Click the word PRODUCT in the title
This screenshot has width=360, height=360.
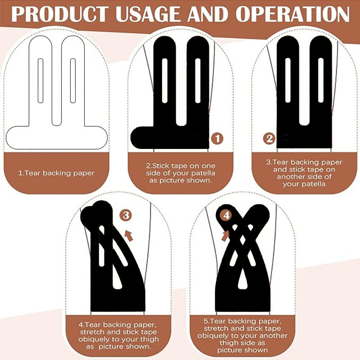[60, 14]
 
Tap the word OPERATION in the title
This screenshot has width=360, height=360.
[292, 14]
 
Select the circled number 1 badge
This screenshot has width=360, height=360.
[217, 139]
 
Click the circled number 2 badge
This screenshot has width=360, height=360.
[269, 139]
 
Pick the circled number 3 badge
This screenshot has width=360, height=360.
[126, 216]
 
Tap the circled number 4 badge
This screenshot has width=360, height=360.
[226, 216]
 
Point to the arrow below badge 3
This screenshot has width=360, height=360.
[129, 236]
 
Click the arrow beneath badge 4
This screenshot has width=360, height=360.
[225, 236]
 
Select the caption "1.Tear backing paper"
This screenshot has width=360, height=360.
[57, 173]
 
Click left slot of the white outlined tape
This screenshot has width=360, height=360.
[40, 81]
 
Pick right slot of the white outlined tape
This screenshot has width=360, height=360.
[73, 81]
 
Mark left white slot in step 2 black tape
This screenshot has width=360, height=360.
[165, 81]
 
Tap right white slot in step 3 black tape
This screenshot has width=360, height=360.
[321, 80]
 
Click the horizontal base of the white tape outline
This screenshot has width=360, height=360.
[57, 138]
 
